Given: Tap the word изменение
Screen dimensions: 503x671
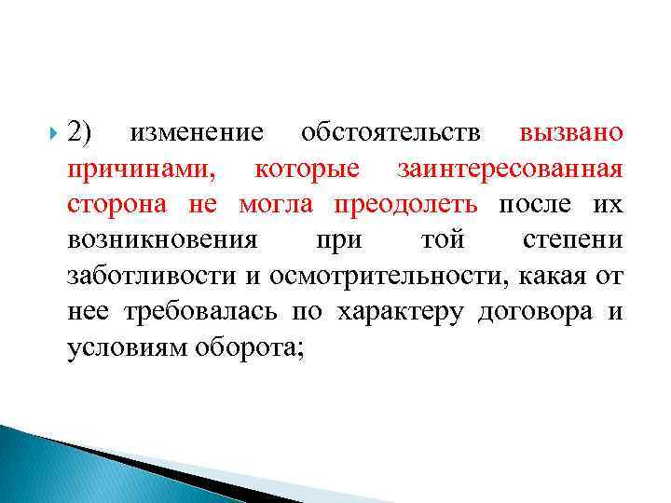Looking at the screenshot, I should pyautogui.click(x=197, y=133).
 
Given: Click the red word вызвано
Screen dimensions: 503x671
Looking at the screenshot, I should pyautogui.click(x=571, y=133).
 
